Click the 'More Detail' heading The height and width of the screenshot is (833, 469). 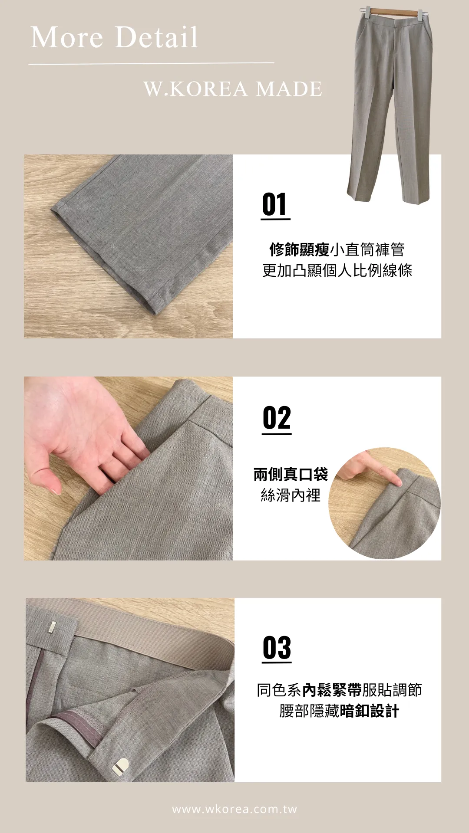114,37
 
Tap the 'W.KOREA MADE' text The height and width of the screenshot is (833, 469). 233,89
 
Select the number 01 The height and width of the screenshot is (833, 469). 275,205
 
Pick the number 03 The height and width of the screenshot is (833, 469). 277,648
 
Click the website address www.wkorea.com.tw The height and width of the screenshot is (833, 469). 234,809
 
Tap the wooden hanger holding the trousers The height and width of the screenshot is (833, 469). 393,13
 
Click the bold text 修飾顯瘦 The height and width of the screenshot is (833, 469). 300,250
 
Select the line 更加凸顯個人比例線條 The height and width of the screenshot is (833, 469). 337,270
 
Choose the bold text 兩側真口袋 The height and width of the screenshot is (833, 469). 291,474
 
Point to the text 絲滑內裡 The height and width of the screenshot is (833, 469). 291,495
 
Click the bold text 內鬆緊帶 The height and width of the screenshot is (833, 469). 332,689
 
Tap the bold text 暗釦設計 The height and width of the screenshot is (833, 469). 369,711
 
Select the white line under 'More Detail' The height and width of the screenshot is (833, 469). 151,64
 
